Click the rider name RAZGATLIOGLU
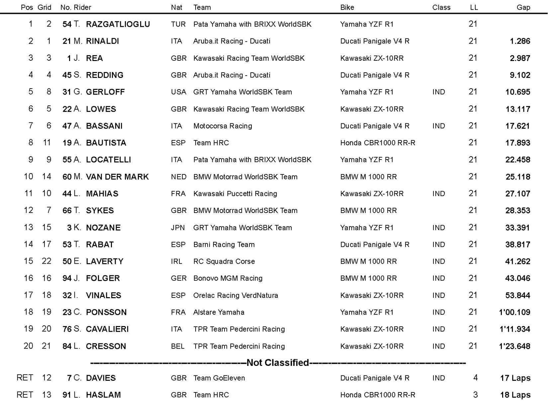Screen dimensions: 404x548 (x=118, y=24)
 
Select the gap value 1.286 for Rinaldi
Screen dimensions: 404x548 (x=520, y=41)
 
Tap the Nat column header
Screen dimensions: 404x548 (x=176, y=7)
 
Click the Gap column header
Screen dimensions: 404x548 (x=523, y=7)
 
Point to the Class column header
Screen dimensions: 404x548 (x=441, y=7)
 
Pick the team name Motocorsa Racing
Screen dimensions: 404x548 (x=223, y=126)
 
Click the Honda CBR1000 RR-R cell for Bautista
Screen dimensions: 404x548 (x=378, y=143)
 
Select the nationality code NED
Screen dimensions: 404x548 (x=178, y=177)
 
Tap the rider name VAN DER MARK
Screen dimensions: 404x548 (x=117, y=177)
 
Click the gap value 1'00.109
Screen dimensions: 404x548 (x=514, y=312)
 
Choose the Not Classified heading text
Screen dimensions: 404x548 (x=278, y=363)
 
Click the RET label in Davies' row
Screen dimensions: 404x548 (x=25, y=378)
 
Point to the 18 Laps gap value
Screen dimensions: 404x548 (x=515, y=395)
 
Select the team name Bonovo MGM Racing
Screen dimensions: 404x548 (x=228, y=278)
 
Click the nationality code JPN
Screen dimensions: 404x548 (x=178, y=228)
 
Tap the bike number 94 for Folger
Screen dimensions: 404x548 (x=67, y=278)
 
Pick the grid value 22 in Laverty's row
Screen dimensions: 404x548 (x=46, y=261)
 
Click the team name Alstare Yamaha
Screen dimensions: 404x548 (x=219, y=312)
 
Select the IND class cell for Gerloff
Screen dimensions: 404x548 (x=438, y=92)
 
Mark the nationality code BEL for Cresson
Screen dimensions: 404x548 (x=178, y=346)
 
